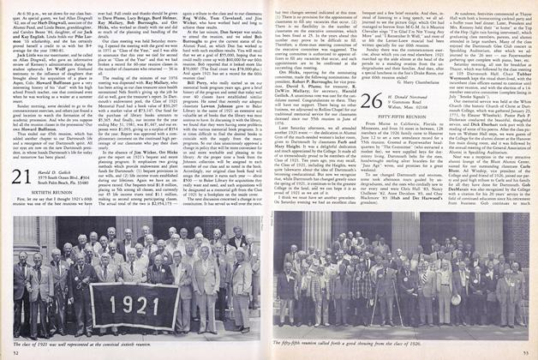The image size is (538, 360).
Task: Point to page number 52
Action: (x=17, y=353)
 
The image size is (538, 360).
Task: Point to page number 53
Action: (x=520, y=353)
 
